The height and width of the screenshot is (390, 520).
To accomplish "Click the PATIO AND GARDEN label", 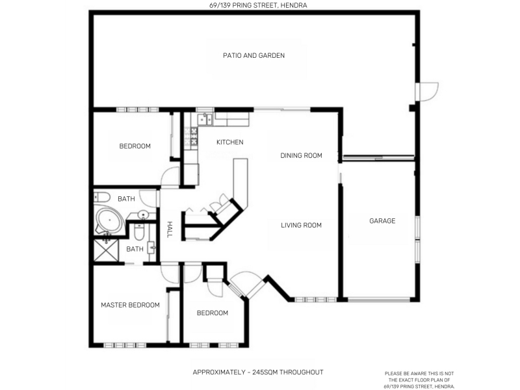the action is click(x=253, y=55).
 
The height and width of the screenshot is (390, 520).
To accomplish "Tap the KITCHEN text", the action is click(x=230, y=142).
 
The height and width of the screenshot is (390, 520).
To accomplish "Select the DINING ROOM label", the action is click(x=301, y=155).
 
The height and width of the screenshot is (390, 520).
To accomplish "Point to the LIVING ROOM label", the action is click(x=301, y=225).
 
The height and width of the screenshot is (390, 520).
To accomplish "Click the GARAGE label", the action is click(x=382, y=220).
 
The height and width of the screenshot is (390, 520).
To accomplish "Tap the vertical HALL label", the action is click(x=170, y=229).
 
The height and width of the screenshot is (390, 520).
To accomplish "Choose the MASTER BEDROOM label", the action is click(x=131, y=305).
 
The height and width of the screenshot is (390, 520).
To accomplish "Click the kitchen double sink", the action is click(x=205, y=120).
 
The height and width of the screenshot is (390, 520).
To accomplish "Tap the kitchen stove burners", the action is click(x=191, y=136).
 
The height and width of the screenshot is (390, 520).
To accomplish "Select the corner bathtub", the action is click(x=109, y=220).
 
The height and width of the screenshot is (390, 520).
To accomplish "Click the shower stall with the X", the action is click(x=106, y=250).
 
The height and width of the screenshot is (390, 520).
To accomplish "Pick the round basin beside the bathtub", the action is click(x=143, y=215).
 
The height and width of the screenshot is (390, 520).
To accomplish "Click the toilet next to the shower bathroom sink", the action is click(x=139, y=232).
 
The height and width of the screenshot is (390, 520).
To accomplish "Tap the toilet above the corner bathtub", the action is click(x=102, y=198).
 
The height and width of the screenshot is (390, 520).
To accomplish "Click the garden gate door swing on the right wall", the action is click(x=428, y=92).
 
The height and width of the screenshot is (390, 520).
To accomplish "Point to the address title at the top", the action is click(x=258, y=5).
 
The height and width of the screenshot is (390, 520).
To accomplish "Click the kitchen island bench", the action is click(x=240, y=183).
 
